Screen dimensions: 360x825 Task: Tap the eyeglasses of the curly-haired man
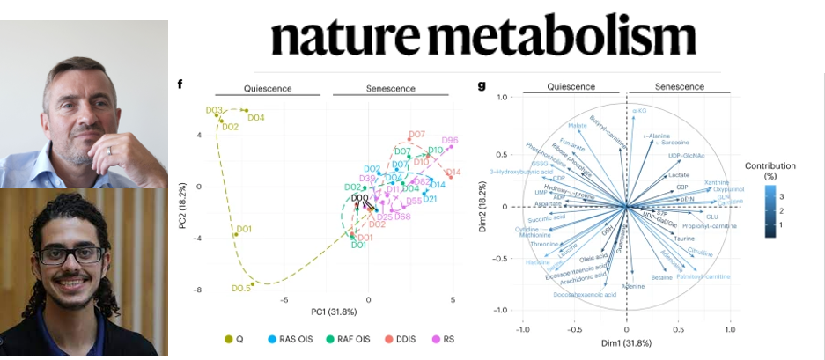pyautogui.click(x=70, y=255)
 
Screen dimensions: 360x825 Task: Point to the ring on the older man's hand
pyautogui.click(x=108, y=151)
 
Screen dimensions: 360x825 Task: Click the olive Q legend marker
pyautogui.click(x=229, y=339)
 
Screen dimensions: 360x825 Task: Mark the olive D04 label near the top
pyautogui.click(x=256, y=117)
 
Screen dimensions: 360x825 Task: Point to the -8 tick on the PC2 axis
pyautogui.click(x=201, y=290)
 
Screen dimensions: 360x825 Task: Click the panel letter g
pyautogui.click(x=482, y=85)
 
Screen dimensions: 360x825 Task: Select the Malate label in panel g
pyautogui.click(x=578, y=125)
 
